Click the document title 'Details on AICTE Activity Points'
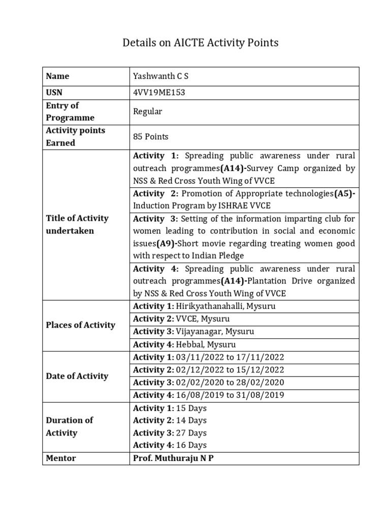201,43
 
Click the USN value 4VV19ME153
156,93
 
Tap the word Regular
147,111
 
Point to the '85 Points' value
151,136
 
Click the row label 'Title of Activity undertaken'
77,224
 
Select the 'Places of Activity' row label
81,325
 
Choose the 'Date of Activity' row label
77,376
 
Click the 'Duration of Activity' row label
70,426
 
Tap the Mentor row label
61,458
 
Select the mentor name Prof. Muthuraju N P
173,458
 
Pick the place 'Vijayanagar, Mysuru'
215,332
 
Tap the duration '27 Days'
191,433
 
